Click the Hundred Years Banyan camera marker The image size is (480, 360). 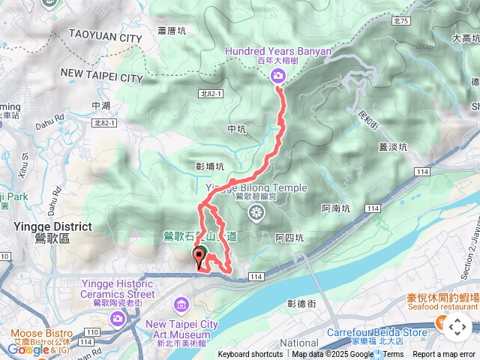click(278, 75)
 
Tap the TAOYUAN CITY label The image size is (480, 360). click(105, 35)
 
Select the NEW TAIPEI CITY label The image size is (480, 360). click(101, 76)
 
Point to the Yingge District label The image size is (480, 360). click(52, 226)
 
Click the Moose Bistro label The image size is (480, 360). click(41, 333)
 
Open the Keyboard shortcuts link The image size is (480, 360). click(250, 355)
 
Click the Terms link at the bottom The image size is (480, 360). click(393, 355)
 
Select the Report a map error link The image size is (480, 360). click(445, 355)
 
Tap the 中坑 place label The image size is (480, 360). click(235, 129)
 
